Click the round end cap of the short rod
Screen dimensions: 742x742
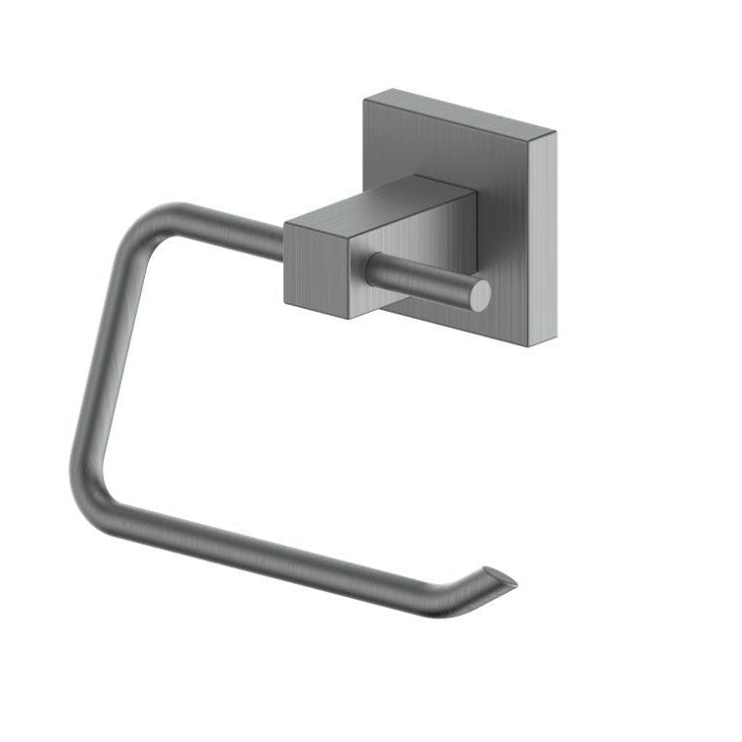pyautogui.click(x=480, y=295)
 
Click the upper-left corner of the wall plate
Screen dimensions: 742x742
pyautogui.click(x=366, y=96)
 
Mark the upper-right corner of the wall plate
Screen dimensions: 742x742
pyautogui.click(x=556, y=132)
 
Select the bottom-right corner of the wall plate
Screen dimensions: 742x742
pyautogui.click(x=530, y=346)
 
